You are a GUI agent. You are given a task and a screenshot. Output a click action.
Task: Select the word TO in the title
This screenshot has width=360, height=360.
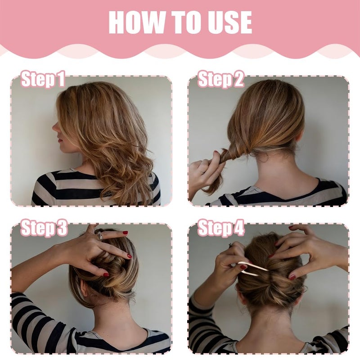185,22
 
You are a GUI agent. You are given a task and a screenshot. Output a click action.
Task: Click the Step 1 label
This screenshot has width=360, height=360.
43,79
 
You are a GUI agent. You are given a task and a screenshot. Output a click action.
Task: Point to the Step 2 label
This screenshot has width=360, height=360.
220,79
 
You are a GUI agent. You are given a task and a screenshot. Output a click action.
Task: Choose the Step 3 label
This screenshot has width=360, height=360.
44,228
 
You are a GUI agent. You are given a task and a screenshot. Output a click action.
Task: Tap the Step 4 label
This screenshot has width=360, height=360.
221,228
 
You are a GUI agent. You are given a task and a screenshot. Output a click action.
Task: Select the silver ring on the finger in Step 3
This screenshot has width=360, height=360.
99,236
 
